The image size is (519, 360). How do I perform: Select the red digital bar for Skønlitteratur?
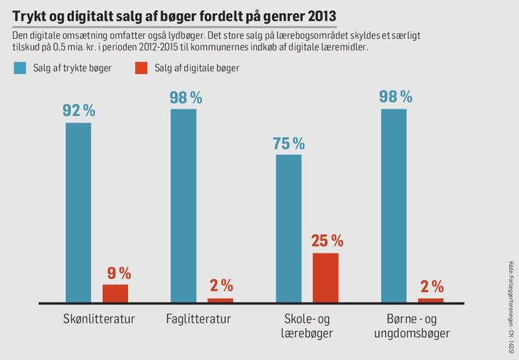116,294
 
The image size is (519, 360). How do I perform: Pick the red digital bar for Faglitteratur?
221,300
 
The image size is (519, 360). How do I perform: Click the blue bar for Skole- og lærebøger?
289,228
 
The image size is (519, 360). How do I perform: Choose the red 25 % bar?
325,278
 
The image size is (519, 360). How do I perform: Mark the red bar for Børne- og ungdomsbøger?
430,300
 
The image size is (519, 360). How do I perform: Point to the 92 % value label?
79,111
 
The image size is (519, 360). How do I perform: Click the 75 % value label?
289,143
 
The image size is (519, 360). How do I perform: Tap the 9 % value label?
116,273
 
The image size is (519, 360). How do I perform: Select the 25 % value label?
326,241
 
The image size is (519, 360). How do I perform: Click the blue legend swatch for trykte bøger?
20,68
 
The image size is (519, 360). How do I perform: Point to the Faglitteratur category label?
199,320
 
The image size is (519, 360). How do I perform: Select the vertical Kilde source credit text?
511,298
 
